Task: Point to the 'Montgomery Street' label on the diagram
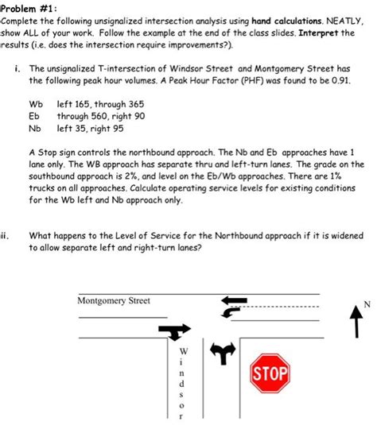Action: [x=113, y=300]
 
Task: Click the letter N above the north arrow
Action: [x=367, y=303]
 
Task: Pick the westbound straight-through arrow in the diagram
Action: [x=236, y=301]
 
